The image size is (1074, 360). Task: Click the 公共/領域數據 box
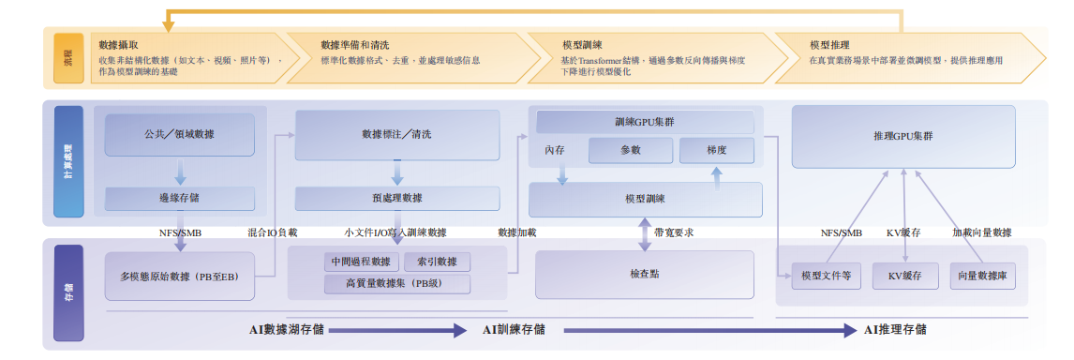[x=179, y=135]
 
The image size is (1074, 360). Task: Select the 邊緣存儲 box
[x=179, y=198]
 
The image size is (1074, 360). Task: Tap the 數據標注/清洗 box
[x=396, y=135]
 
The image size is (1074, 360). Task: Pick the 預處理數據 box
[x=396, y=198]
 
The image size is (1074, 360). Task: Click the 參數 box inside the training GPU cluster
[x=630, y=150]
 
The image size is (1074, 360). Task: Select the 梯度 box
[x=716, y=150]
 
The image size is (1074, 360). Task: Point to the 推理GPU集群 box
[x=902, y=137]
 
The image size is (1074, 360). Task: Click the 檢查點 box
[x=645, y=275]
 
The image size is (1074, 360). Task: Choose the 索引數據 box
[x=437, y=262]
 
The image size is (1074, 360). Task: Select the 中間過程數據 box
[x=361, y=262]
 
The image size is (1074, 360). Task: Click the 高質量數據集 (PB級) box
[x=396, y=283]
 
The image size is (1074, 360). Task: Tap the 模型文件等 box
[x=826, y=277]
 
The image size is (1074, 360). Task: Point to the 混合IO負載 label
[x=273, y=232]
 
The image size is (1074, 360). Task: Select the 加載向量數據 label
[x=981, y=232]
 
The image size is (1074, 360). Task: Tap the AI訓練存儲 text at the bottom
[x=514, y=330]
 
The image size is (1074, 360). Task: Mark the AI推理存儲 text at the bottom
[x=895, y=330]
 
